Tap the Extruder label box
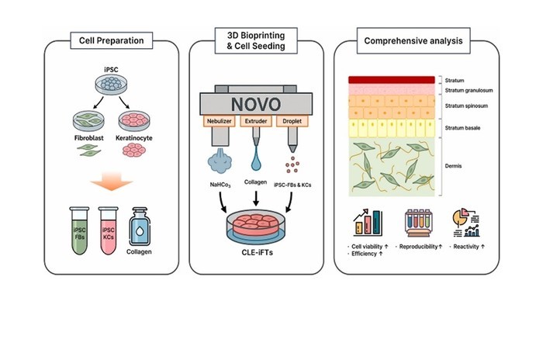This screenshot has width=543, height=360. (x=256, y=122)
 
